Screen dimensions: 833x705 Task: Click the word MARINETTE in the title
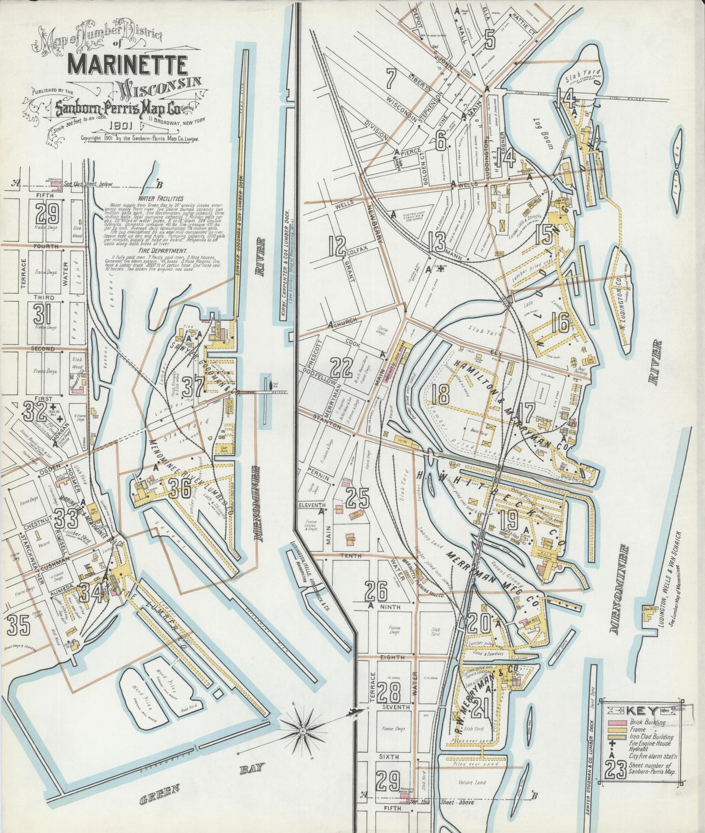coord(128,64)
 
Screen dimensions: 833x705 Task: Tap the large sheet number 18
coord(441,394)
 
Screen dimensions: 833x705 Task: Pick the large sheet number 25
coord(358,498)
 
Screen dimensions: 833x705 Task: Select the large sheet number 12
coord(337,246)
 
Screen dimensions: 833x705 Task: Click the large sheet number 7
coord(390,78)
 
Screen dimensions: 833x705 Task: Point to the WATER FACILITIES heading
coord(161,198)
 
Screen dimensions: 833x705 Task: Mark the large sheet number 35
coord(18,626)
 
